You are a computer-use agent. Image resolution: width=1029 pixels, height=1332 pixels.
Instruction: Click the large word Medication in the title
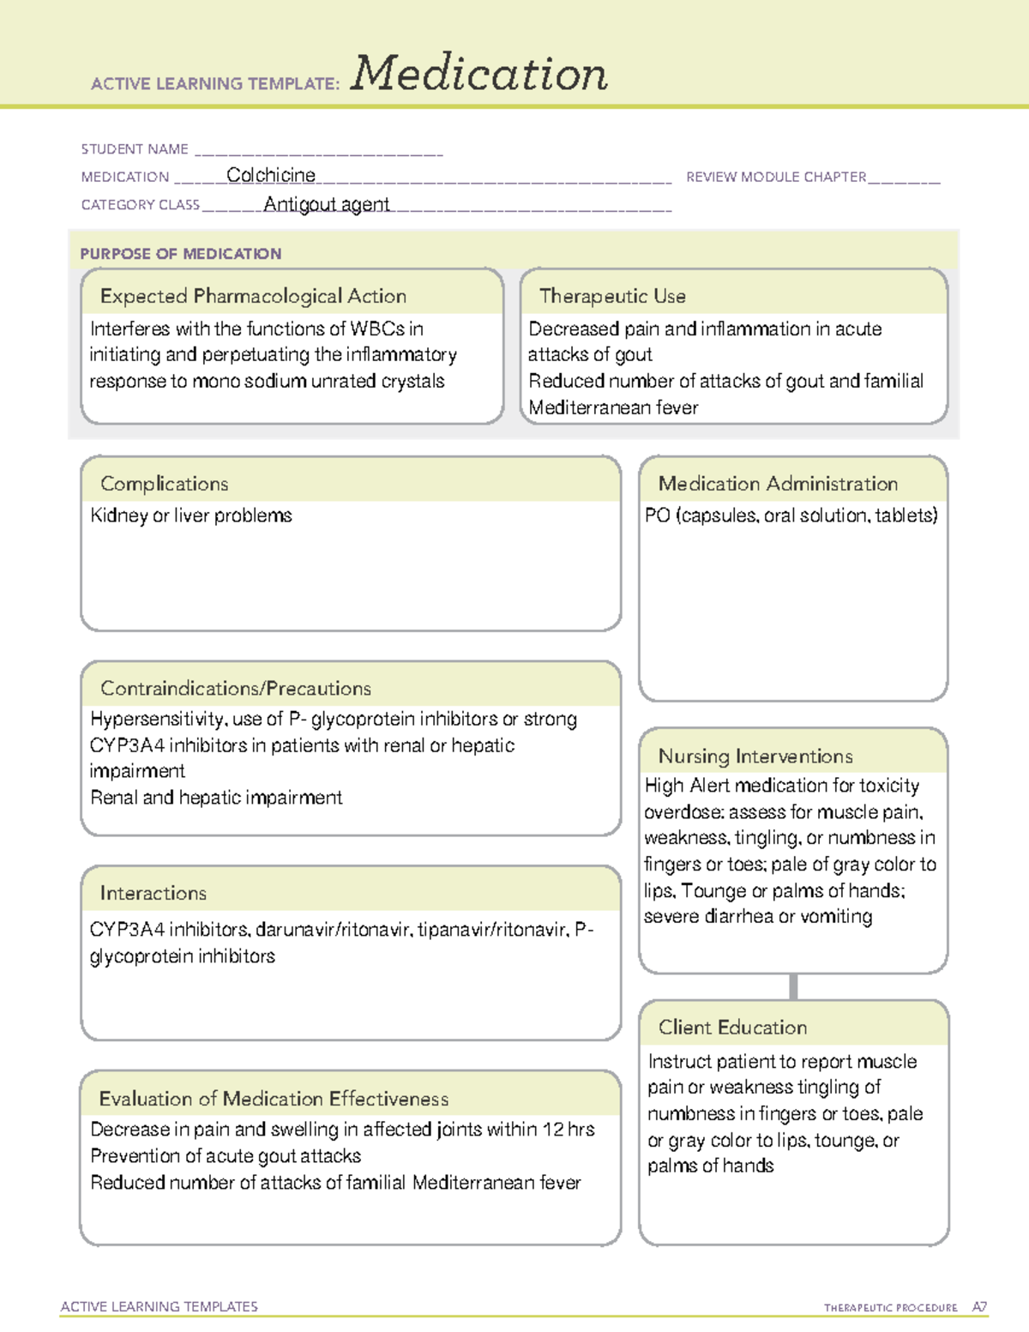[479, 74]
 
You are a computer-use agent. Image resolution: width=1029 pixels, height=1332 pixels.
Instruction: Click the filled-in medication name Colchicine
[271, 176]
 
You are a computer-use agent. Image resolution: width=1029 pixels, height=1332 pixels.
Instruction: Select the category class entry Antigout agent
[327, 204]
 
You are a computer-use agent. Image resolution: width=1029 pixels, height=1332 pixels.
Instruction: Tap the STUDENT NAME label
[135, 149]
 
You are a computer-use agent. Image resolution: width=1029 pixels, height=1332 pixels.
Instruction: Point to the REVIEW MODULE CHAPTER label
[776, 177]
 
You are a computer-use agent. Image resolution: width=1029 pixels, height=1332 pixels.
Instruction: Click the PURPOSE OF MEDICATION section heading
[180, 254]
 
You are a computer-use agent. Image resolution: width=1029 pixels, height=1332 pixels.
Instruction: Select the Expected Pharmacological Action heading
[253, 296]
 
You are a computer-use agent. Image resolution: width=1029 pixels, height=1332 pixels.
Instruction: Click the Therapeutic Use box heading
[612, 296]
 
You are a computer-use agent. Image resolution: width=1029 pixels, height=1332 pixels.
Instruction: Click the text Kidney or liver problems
[191, 515]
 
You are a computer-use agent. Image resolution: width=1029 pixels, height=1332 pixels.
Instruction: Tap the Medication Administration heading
[778, 484]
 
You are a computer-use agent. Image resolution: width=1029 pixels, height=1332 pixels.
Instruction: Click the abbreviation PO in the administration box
[657, 515]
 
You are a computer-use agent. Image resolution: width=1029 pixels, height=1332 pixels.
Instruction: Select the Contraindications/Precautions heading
[236, 689]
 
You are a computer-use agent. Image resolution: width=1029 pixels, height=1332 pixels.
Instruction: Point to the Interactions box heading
[153, 894]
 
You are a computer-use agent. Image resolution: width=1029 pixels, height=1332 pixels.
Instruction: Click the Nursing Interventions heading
[755, 756]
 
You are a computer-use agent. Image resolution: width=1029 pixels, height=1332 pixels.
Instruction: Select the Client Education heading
[732, 1028]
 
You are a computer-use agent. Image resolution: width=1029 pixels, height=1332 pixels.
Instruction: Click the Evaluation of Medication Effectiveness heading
[274, 1099]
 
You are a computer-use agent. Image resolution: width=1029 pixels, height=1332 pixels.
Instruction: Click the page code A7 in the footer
[979, 1307]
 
